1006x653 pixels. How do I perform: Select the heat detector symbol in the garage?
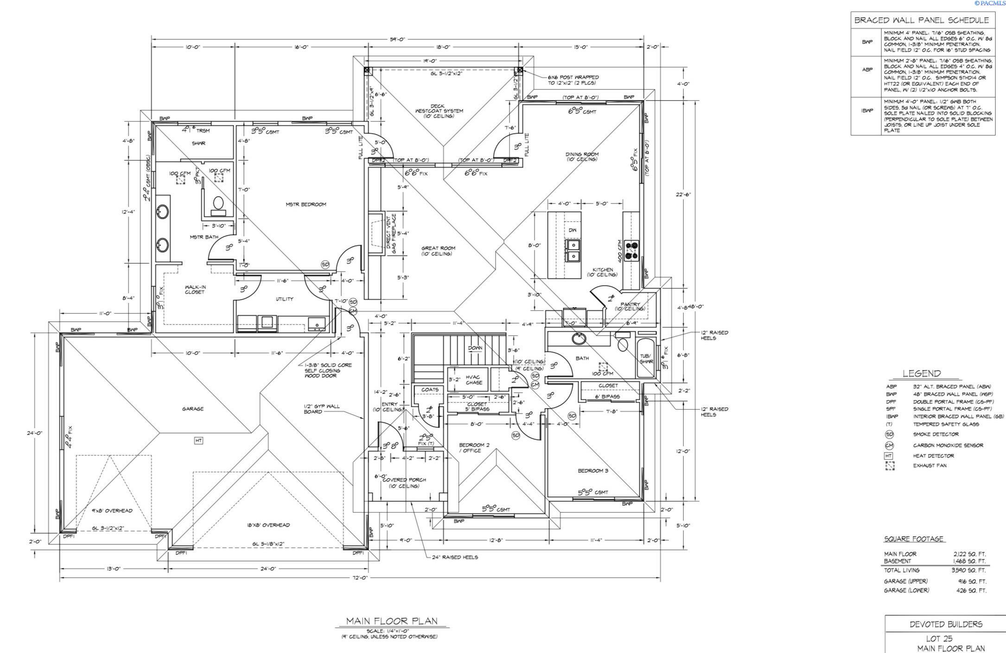[198, 441]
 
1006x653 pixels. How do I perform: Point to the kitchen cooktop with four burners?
[631, 250]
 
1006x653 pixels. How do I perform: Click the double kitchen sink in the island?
[573, 250]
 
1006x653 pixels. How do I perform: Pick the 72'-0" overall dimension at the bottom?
[360, 578]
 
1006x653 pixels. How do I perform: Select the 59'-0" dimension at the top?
[397, 39]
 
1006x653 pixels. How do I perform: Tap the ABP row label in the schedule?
[867, 70]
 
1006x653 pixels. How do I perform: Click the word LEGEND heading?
[922, 374]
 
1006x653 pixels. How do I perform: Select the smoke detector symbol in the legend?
[889, 435]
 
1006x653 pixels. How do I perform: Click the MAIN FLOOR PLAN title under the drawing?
[392, 621]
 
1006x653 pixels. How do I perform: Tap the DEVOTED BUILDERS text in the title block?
[946, 624]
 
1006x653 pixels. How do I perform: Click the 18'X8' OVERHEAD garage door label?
[268, 525]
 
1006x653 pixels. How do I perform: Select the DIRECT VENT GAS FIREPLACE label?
[392, 234]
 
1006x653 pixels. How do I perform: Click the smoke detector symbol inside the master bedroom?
[325, 264]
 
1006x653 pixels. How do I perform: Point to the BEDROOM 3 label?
[593, 471]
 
